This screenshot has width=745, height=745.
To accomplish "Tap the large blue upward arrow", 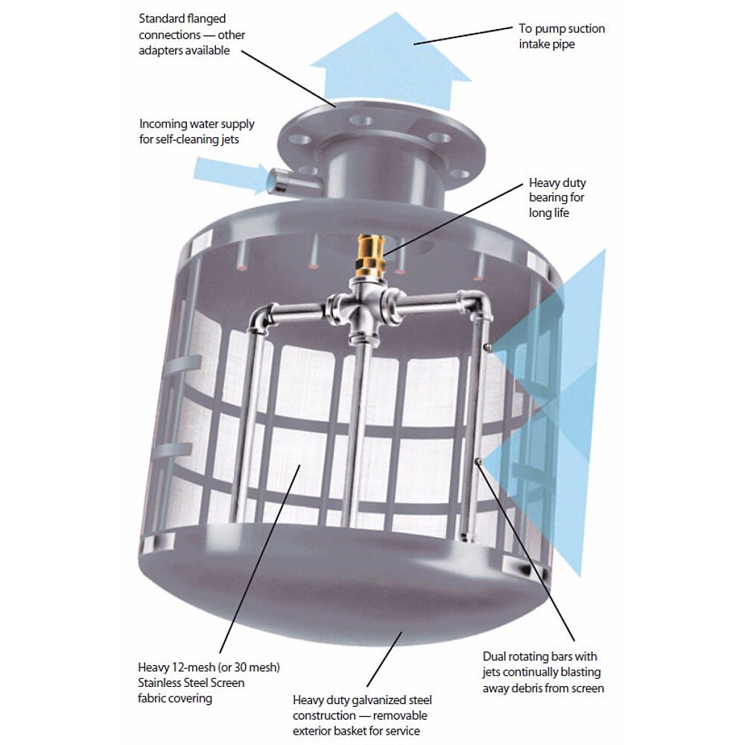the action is point(390,63).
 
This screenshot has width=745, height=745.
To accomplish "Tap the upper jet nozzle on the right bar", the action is point(487,347).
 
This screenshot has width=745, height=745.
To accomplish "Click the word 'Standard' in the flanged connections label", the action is point(162,19).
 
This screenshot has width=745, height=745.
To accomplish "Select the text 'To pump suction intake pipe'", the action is point(562,36).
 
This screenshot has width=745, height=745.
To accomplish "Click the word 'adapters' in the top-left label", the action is point(160,51).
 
